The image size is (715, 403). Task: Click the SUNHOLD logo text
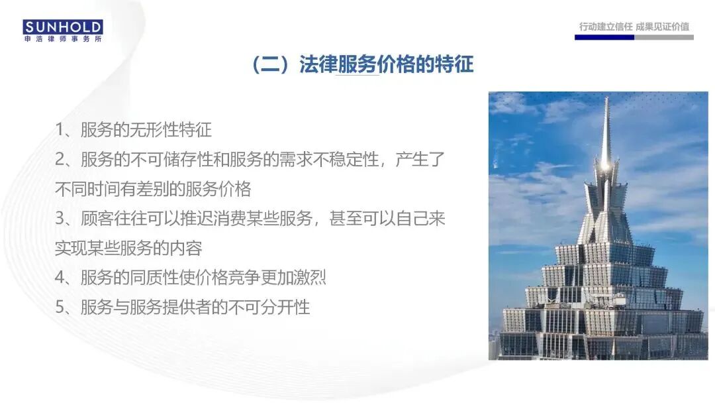(x=63, y=27)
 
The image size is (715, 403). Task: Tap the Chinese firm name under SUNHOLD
(x=63, y=39)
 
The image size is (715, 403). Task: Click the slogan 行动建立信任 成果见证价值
(x=634, y=27)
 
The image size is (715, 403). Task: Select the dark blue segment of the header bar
(x=604, y=38)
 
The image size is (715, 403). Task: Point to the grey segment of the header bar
(x=663, y=38)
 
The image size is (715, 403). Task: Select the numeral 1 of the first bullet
(x=60, y=130)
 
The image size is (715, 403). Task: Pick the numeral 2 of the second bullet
(x=60, y=160)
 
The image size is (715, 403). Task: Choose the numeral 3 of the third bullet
(x=60, y=219)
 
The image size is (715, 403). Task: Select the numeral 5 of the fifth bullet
(x=60, y=308)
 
